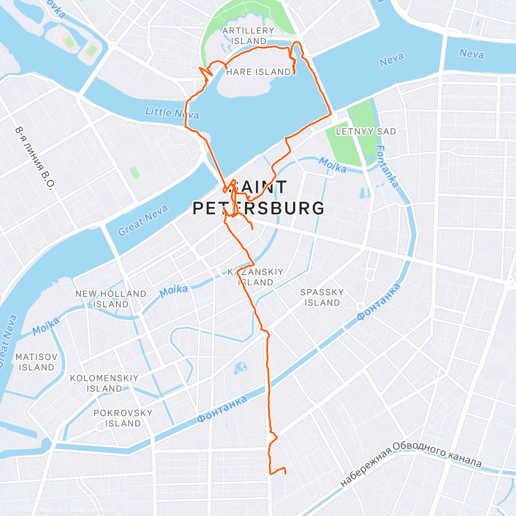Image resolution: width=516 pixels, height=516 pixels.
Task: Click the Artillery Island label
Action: [248, 36]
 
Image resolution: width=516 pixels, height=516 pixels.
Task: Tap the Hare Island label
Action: [258, 72]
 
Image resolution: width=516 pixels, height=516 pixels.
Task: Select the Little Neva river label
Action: [172, 112]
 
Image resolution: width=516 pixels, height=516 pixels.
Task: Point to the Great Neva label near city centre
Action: [143, 220]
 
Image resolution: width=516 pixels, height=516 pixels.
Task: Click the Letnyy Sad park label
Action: [366, 132]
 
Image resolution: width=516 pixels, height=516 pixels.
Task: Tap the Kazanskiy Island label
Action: [256, 277]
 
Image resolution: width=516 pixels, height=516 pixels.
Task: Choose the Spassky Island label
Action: [322, 297]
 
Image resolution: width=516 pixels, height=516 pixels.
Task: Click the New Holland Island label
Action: [111, 299]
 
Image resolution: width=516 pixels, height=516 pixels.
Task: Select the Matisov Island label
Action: [37, 362]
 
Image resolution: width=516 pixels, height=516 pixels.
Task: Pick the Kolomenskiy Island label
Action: [104, 383]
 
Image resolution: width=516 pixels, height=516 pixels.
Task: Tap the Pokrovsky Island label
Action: [123, 418]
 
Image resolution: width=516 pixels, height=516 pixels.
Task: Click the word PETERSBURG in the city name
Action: [258, 208]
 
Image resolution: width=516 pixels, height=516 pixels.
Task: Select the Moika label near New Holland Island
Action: [174, 291]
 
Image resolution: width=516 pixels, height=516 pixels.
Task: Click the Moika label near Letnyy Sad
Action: [332, 165]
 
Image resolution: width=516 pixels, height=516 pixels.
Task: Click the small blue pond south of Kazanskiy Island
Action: [240, 368]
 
